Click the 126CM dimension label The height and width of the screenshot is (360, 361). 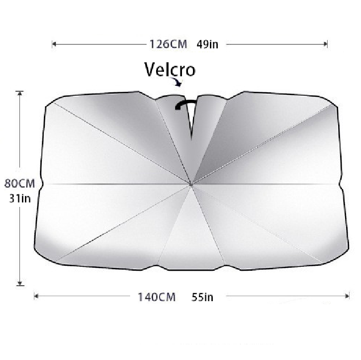coord(168,44)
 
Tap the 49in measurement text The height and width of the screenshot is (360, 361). coord(207,44)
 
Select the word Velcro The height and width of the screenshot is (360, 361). coord(170,69)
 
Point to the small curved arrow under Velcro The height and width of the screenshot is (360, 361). coord(177,82)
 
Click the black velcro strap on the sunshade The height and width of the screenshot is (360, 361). coord(185,104)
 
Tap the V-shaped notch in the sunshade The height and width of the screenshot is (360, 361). coord(191,120)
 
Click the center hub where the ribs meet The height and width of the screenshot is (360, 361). coord(191,184)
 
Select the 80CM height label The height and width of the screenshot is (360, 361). coord(19,183)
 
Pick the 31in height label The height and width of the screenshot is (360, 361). coord(20,198)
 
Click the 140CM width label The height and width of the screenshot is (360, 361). coord(157,297)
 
